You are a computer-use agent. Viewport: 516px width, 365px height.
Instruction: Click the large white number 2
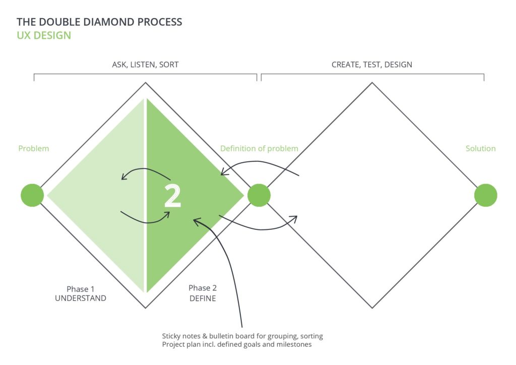coord(172,196)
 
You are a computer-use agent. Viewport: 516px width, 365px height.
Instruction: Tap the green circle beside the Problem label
coord(32,195)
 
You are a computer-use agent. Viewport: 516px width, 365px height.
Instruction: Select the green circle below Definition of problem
coord(259,195)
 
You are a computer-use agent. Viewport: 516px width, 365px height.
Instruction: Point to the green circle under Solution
coord(485,195)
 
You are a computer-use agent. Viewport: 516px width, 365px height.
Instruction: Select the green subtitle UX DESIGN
coord(44,35)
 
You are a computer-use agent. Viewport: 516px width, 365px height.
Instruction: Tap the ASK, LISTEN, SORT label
coord(146,65)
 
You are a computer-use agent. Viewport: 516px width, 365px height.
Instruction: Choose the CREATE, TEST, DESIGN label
coord(372,65)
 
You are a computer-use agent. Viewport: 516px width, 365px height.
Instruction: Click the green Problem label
coord(34,148)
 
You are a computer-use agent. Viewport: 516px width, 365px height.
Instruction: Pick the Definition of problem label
coord(260,148)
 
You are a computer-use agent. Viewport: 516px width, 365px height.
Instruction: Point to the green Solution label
coord(480,148)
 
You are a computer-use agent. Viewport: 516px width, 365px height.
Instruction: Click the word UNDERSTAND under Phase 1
coord(81,298)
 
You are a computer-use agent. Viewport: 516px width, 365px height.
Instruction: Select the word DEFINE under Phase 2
coord(203,298)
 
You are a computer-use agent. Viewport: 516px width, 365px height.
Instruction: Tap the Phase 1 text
coord(81,289)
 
